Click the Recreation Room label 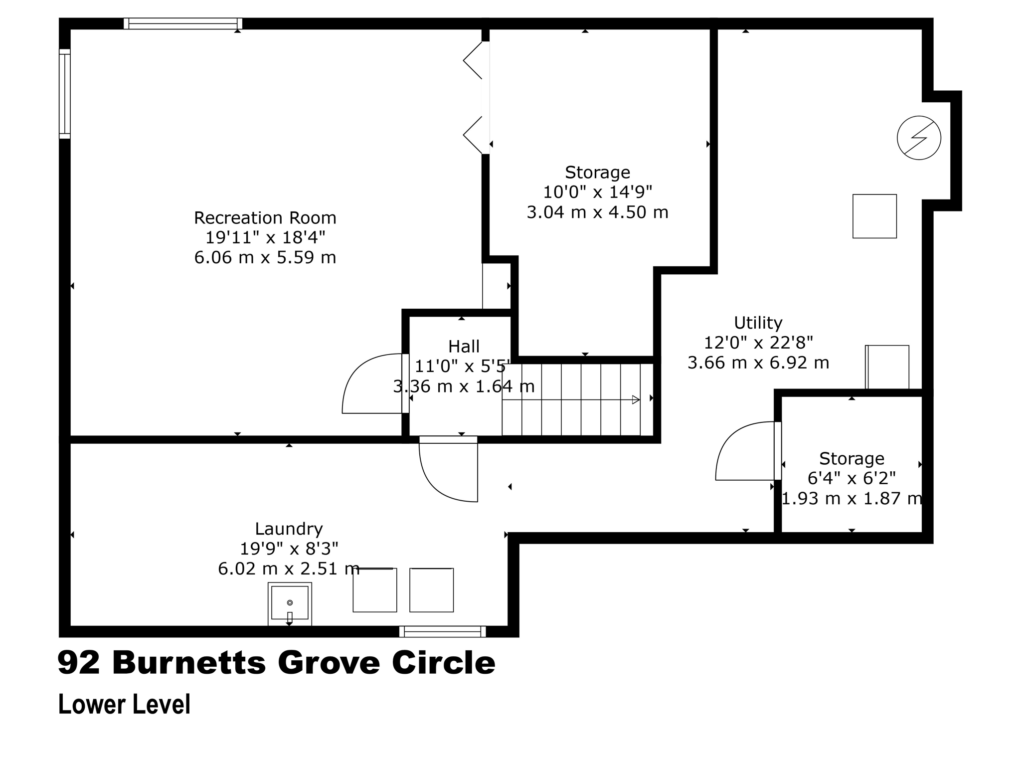(x=265, y=218)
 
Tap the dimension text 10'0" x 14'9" (x=597, y=192)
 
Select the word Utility (x=758, y=323)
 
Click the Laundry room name (x=289, y=529)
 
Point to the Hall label (x=464, y=347)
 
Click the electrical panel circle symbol (x=918, y=138)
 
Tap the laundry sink (x=290, y=603)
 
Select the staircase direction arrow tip (x=636, y=399)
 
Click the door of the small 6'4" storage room (x=745, y=451)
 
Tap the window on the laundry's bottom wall (x=442, y=632)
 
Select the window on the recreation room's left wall (x=65, y=94)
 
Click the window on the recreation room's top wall (x=182, y=23)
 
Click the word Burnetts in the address (x=189, y=663)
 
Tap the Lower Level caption (x=124, y=705)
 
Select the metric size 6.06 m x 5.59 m (x=265, y=258)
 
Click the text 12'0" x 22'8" (x=758, y=343)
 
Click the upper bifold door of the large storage (x=474, y=60)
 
